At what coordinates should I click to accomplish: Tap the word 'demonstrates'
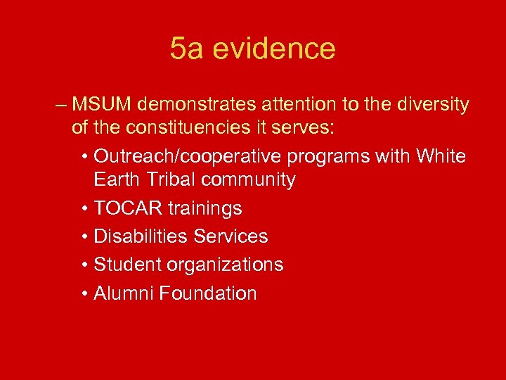(x=198, y=105)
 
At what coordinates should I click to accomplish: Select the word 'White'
(x=441, y=156)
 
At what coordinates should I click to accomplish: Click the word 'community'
(x=248, y=179)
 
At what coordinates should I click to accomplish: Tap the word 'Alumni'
(x=124, y=293)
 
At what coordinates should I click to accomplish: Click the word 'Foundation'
(x=208, y=293)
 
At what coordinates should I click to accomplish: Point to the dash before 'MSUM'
(x=60, y=106)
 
